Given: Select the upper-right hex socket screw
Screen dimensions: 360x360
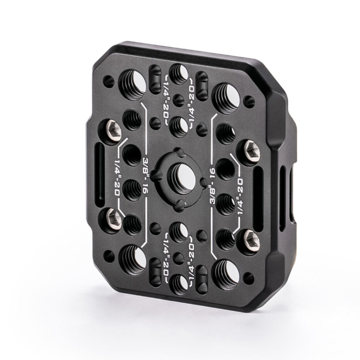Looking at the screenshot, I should pos(252,150).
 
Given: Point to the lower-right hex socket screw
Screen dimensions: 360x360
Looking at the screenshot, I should pos(251,240).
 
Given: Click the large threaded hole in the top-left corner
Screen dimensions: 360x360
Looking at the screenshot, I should pos(132,85).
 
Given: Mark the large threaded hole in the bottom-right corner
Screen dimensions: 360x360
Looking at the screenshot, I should pos(226,275).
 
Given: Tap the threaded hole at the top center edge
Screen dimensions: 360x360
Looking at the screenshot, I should pos(178,74).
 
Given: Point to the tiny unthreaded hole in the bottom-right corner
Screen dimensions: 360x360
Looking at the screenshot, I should pos(248,278).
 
